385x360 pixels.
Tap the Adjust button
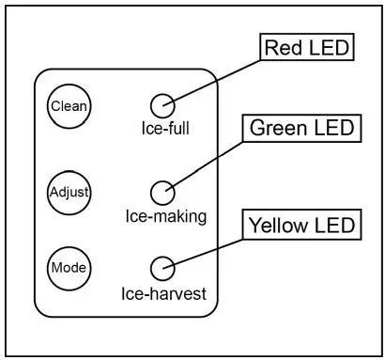[x=69, y=193]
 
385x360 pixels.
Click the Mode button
[x=69, y=268]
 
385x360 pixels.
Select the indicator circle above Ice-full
[x=163, y=104]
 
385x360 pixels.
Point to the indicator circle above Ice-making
[x=163, y=192]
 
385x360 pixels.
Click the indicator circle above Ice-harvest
[x=163, y=267]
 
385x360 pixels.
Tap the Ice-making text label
[x=165, y=216]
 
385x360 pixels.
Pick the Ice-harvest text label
[x=163, y=292]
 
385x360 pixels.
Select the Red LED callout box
[x=304, y=48]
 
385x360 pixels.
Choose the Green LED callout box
[x=301, y=128]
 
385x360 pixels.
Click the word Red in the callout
[x=284, y=48]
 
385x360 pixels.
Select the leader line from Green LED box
[x=207, y=161]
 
